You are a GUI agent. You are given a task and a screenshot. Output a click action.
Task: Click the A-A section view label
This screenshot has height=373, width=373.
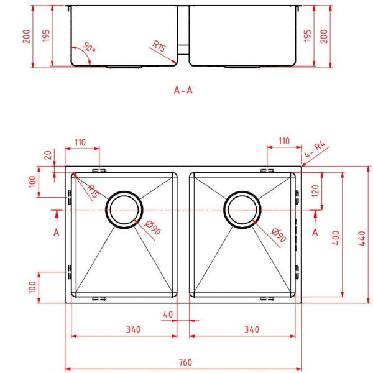(183, 90)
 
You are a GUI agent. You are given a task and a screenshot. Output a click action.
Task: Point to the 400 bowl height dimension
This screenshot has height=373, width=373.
(336, 236)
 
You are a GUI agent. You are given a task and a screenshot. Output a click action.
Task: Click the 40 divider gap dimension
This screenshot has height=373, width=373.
(167, 314)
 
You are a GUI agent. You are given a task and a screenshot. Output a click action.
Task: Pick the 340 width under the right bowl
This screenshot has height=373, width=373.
(251, 329)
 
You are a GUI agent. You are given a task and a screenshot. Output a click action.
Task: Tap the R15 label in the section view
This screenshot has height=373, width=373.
(159, 46)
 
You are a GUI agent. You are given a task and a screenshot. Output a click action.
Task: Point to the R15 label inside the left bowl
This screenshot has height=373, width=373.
(91, 190)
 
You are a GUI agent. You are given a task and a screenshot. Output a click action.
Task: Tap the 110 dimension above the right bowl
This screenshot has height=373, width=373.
(283, 142)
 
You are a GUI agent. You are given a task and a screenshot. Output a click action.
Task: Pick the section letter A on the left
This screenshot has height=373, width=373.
(56, 233)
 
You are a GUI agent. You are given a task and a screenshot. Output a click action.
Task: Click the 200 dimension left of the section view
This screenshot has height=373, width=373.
(25, 37)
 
